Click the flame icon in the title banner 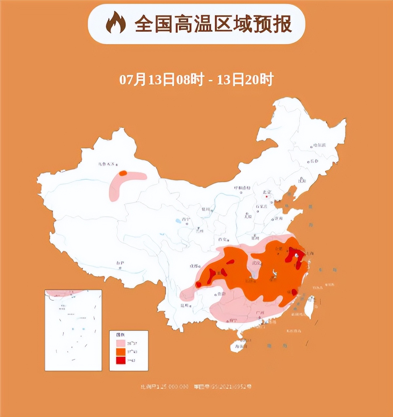[115, 23]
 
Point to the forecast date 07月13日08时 [162, 80]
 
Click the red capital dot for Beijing [267, 197]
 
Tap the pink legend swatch [121, 343]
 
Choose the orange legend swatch [121, 352]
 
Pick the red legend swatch [121, 360]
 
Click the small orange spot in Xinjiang [123, 173]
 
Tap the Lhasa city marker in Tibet [120, 268]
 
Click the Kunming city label [185, 305]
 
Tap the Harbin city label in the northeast [319, 145]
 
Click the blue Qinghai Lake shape [178, 221]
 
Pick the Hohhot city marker [241, 192]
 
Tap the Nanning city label [233, 320]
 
